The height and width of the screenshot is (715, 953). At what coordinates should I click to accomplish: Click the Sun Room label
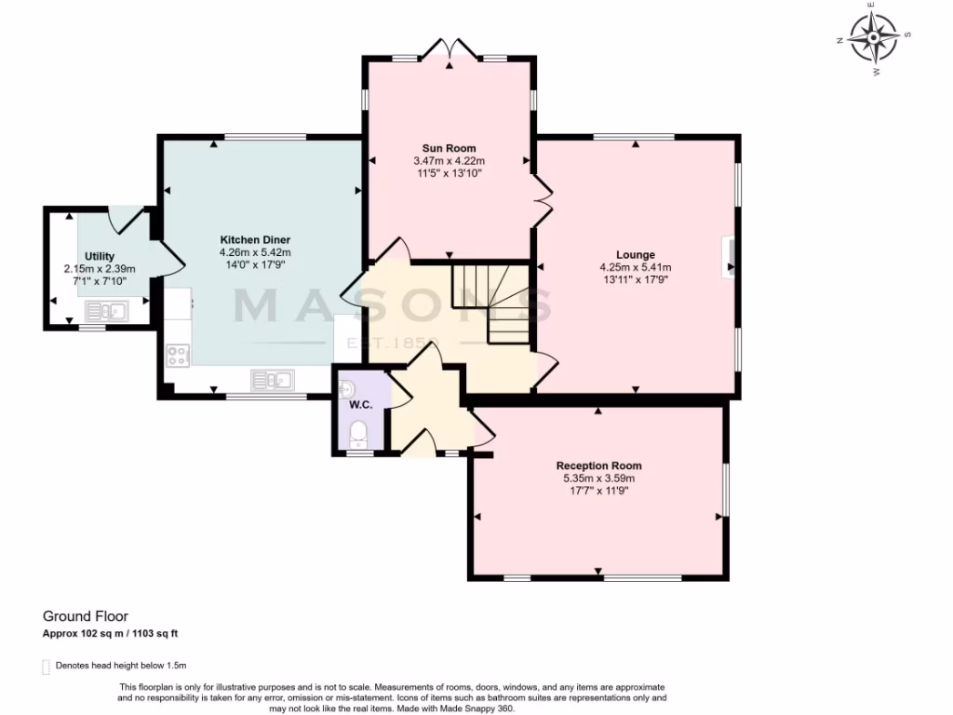[x=450, y=148]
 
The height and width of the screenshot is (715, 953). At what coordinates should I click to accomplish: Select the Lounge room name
[x=636, y=254]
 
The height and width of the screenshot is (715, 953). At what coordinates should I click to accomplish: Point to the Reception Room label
[x=598, y=465]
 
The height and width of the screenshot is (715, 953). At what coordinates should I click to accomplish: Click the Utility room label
[x=99, y=255]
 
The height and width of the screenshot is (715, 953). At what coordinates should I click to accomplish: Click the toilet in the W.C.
[x=358, y=434]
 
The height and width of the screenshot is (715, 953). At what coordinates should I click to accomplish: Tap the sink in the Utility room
[x=116, y=311]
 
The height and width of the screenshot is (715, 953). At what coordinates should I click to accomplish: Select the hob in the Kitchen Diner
[x=177, y=355]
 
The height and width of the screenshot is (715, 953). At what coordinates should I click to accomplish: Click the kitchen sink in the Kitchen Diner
[x=272, y=379]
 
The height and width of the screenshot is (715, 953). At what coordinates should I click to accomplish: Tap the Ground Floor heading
[x=86, y=616]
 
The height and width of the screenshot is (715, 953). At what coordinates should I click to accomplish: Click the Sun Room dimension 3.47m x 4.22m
[x=450, y=161]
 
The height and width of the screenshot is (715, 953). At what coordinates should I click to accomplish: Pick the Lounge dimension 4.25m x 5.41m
[x=636, y=266]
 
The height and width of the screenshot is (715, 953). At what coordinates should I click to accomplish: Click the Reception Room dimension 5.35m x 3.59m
[x=598, y=479]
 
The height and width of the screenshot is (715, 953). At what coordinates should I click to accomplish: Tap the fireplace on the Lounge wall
[x=730, y=256]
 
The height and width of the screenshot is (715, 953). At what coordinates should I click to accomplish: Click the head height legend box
[x=47, y=667]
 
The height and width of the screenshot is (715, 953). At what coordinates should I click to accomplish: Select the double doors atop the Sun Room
[x=449, y=48]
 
